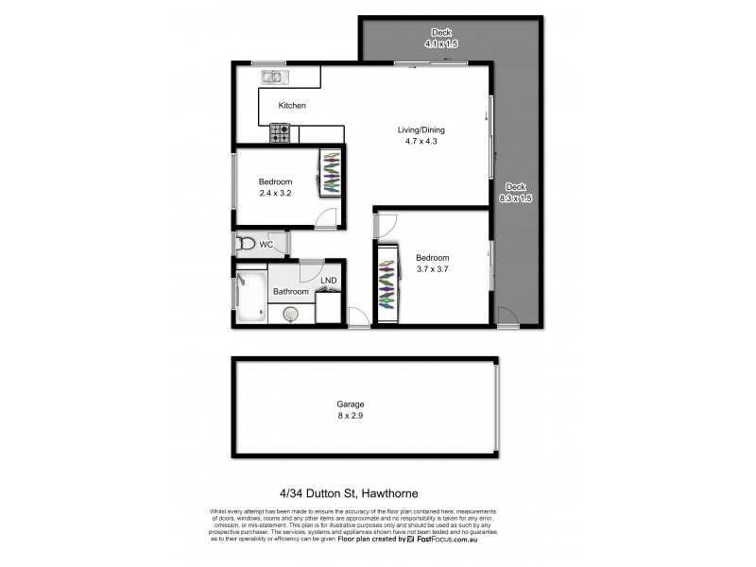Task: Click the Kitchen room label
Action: [x=292, y=106]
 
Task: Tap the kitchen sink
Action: [x=275, y=77]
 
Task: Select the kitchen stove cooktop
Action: [x=281, y=134]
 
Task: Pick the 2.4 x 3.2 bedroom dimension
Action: [x=276, y=193]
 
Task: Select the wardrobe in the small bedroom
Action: [x=332, y=172]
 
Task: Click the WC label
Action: [x=266, y=245]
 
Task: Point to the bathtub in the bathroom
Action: [x=250, y=295]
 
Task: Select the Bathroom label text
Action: [x=291, y=292]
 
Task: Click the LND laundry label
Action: [x=328, y=281]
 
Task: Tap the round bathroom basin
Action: [x=288, y=317]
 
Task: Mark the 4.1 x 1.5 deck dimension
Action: [x=440, y=43]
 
